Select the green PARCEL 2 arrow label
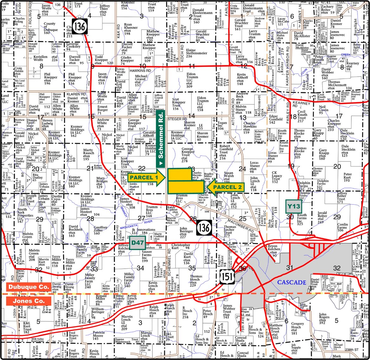(x=227, y=187)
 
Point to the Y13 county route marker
(x=294, y=206)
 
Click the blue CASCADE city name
(x=291, y=282)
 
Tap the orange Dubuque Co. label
(x=29, y=287)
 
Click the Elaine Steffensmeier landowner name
(x=196, y=53)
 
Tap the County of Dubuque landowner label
(x=50, y=28)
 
